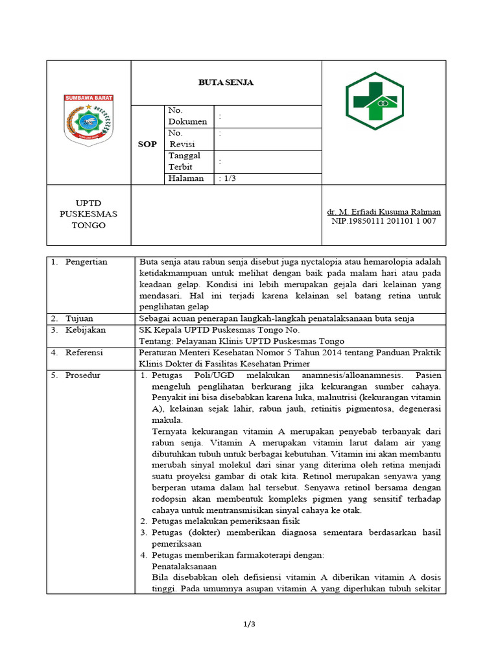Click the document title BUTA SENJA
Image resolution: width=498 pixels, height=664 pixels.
coord(226,82)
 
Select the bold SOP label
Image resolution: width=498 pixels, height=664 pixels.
coord(147,144)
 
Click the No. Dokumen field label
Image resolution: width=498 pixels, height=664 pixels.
coord(187,116)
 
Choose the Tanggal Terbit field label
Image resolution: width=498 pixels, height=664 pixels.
coord(185,161)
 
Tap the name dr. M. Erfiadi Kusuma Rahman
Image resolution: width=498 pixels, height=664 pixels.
coord(384,211)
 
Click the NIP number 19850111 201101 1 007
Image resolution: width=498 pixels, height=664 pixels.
coord(384,221)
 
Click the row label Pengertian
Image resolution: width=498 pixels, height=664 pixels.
coord(86,262)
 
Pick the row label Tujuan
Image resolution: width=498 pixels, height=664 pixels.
coord(79,318)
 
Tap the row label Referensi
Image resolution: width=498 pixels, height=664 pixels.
coord(86,352)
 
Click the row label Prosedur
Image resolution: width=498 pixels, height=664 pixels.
coord(83,375)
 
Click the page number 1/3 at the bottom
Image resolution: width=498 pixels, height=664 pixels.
coord(249,624)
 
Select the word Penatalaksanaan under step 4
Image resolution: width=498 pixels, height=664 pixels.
coord(184,565)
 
